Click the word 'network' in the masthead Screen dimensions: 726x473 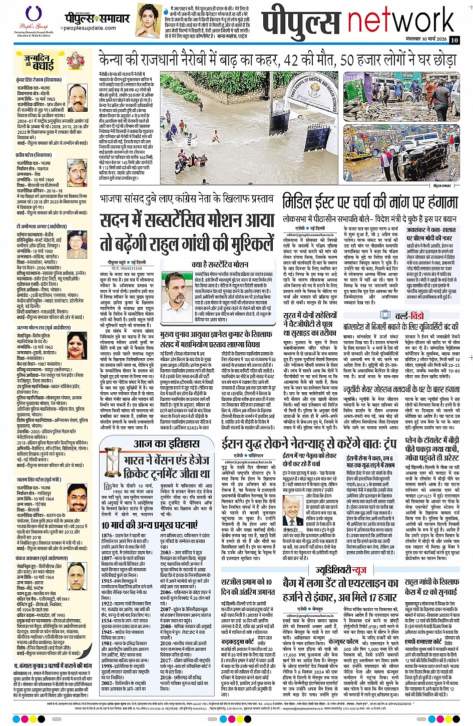(x=400, y=20)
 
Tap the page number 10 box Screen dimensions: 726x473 (x=453, y=40)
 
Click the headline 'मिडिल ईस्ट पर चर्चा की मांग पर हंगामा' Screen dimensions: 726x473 (x=370, y=202)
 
